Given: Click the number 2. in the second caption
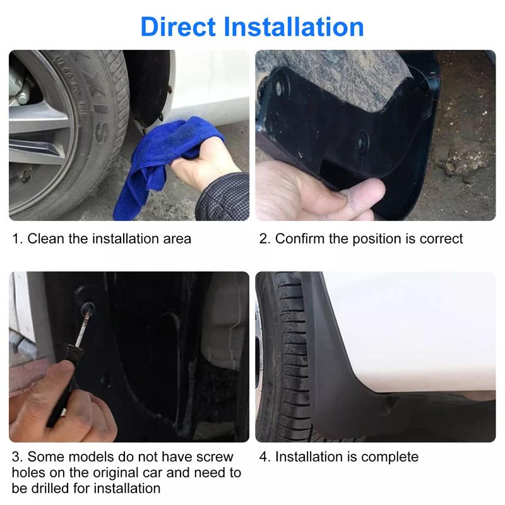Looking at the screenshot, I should tap(264, 239).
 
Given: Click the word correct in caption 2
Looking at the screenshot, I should tap(442, 239).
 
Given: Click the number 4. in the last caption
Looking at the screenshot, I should tap(264, 456).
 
